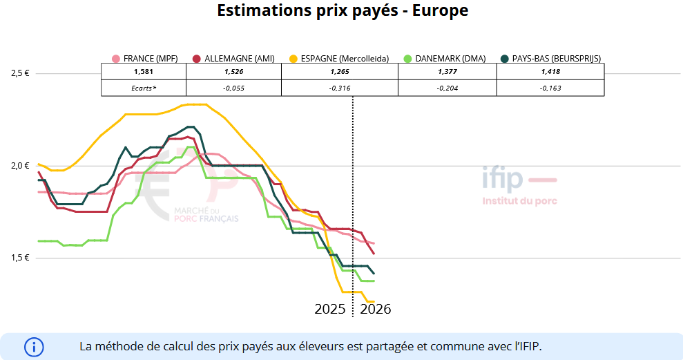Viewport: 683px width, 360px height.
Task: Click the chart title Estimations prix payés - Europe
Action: (343, 10)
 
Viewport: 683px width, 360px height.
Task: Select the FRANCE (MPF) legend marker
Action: (116, 59)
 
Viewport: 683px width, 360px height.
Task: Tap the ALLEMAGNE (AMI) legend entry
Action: (235, 59)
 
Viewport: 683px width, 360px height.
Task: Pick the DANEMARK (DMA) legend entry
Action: (446, 59)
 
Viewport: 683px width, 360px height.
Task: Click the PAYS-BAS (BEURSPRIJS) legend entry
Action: (551, 59)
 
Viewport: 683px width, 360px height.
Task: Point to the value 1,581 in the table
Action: (143, 71)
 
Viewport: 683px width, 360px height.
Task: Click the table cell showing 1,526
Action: (234, 71)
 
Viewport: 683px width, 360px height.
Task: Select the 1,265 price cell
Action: (340, 71)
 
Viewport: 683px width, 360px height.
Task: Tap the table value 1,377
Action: (448, 71)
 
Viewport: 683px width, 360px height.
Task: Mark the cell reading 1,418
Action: (550, 71)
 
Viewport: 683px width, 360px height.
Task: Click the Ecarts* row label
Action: (144, 88)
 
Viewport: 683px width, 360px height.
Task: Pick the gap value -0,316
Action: (340, 88)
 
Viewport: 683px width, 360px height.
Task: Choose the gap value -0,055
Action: (234, 88)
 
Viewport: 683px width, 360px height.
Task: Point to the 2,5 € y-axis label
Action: (20, 73)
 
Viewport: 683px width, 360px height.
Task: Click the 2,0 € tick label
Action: (20, 165)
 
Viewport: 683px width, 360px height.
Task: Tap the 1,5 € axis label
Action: (20, 258)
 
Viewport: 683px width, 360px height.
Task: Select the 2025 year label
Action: (330, 309)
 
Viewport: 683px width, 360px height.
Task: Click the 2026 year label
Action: (376, 309)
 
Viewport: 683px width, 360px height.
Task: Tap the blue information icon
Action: (34, 346)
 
